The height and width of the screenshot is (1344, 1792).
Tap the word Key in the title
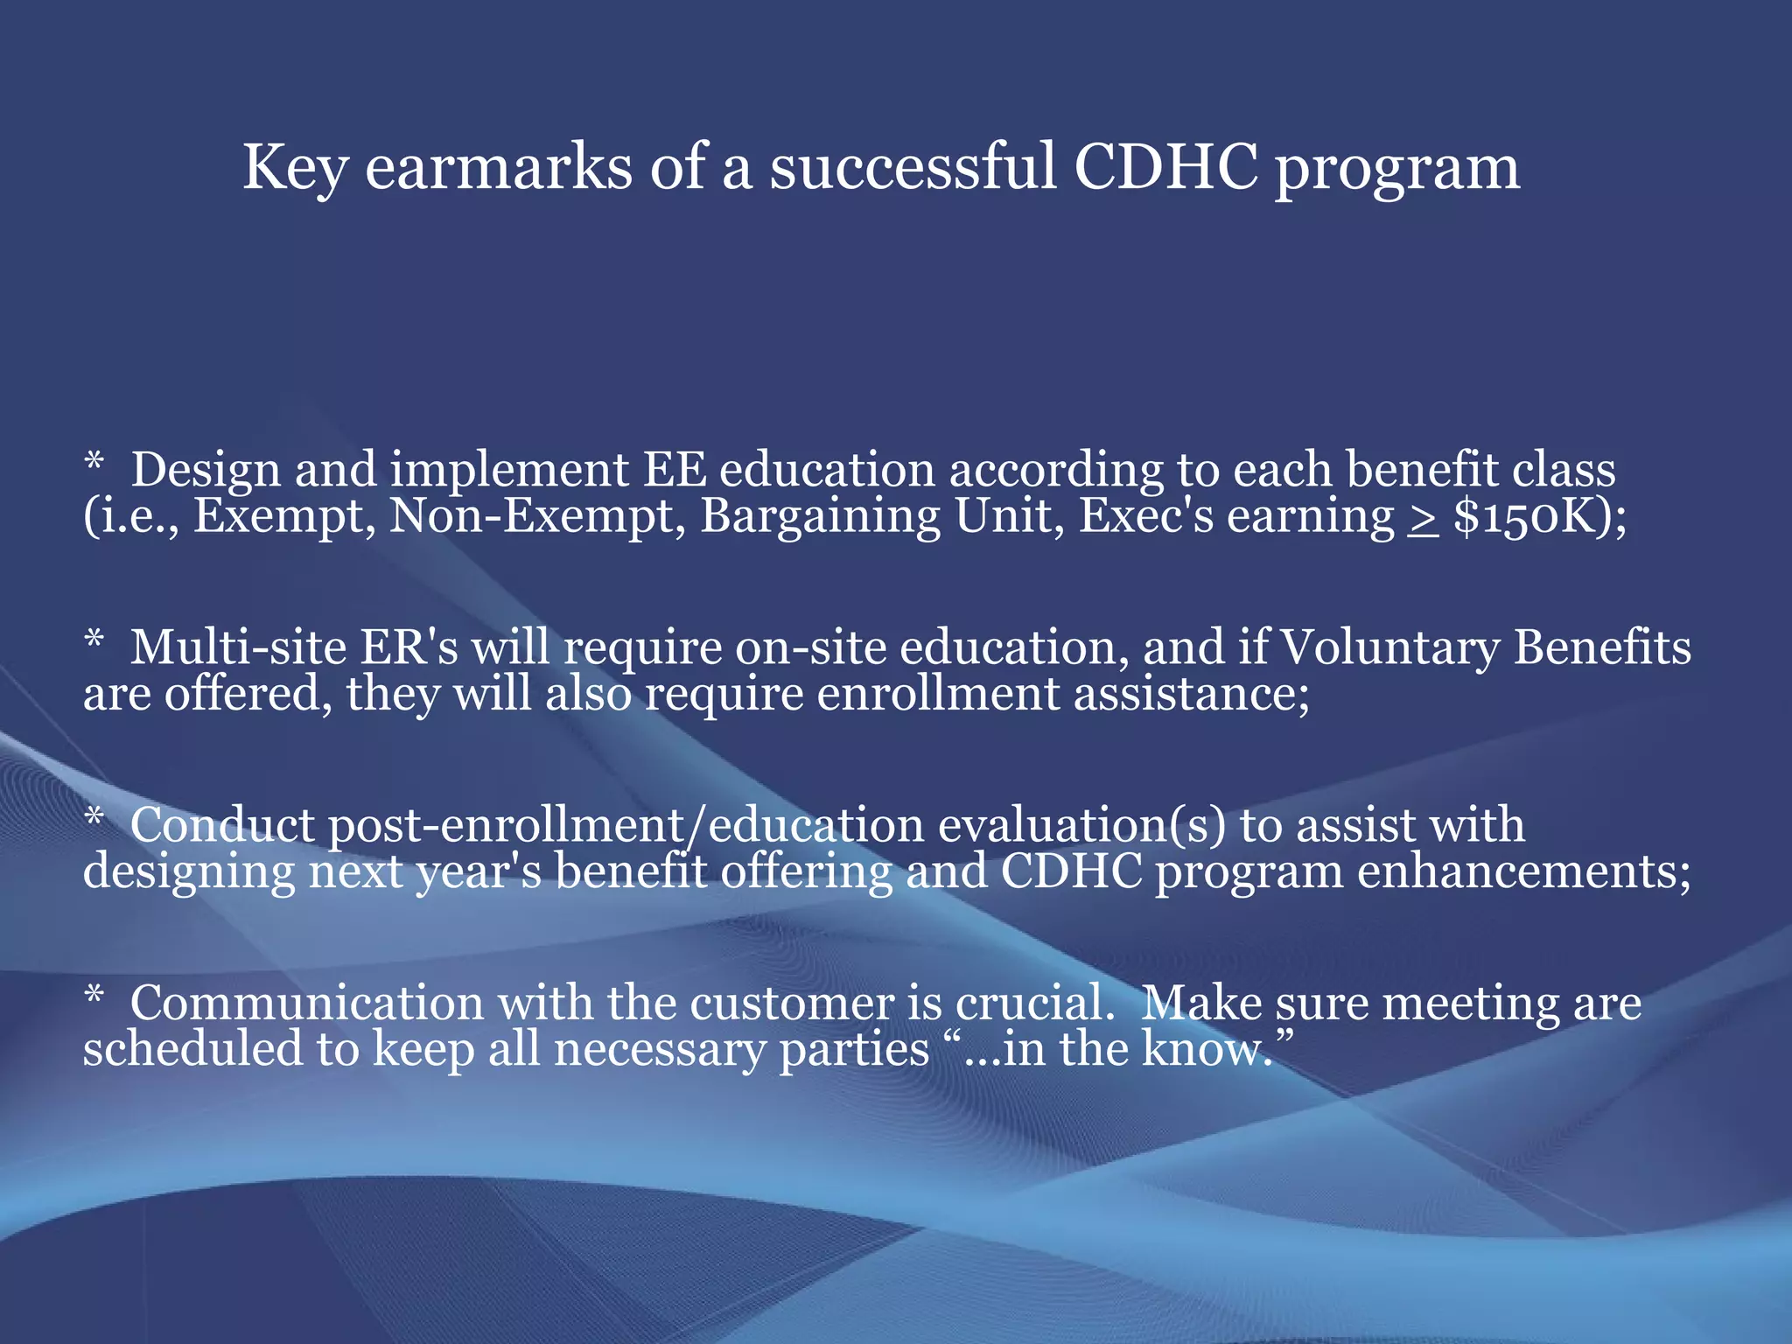294,168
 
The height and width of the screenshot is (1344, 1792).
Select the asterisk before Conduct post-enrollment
94,818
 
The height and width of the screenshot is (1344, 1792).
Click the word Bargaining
819,516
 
